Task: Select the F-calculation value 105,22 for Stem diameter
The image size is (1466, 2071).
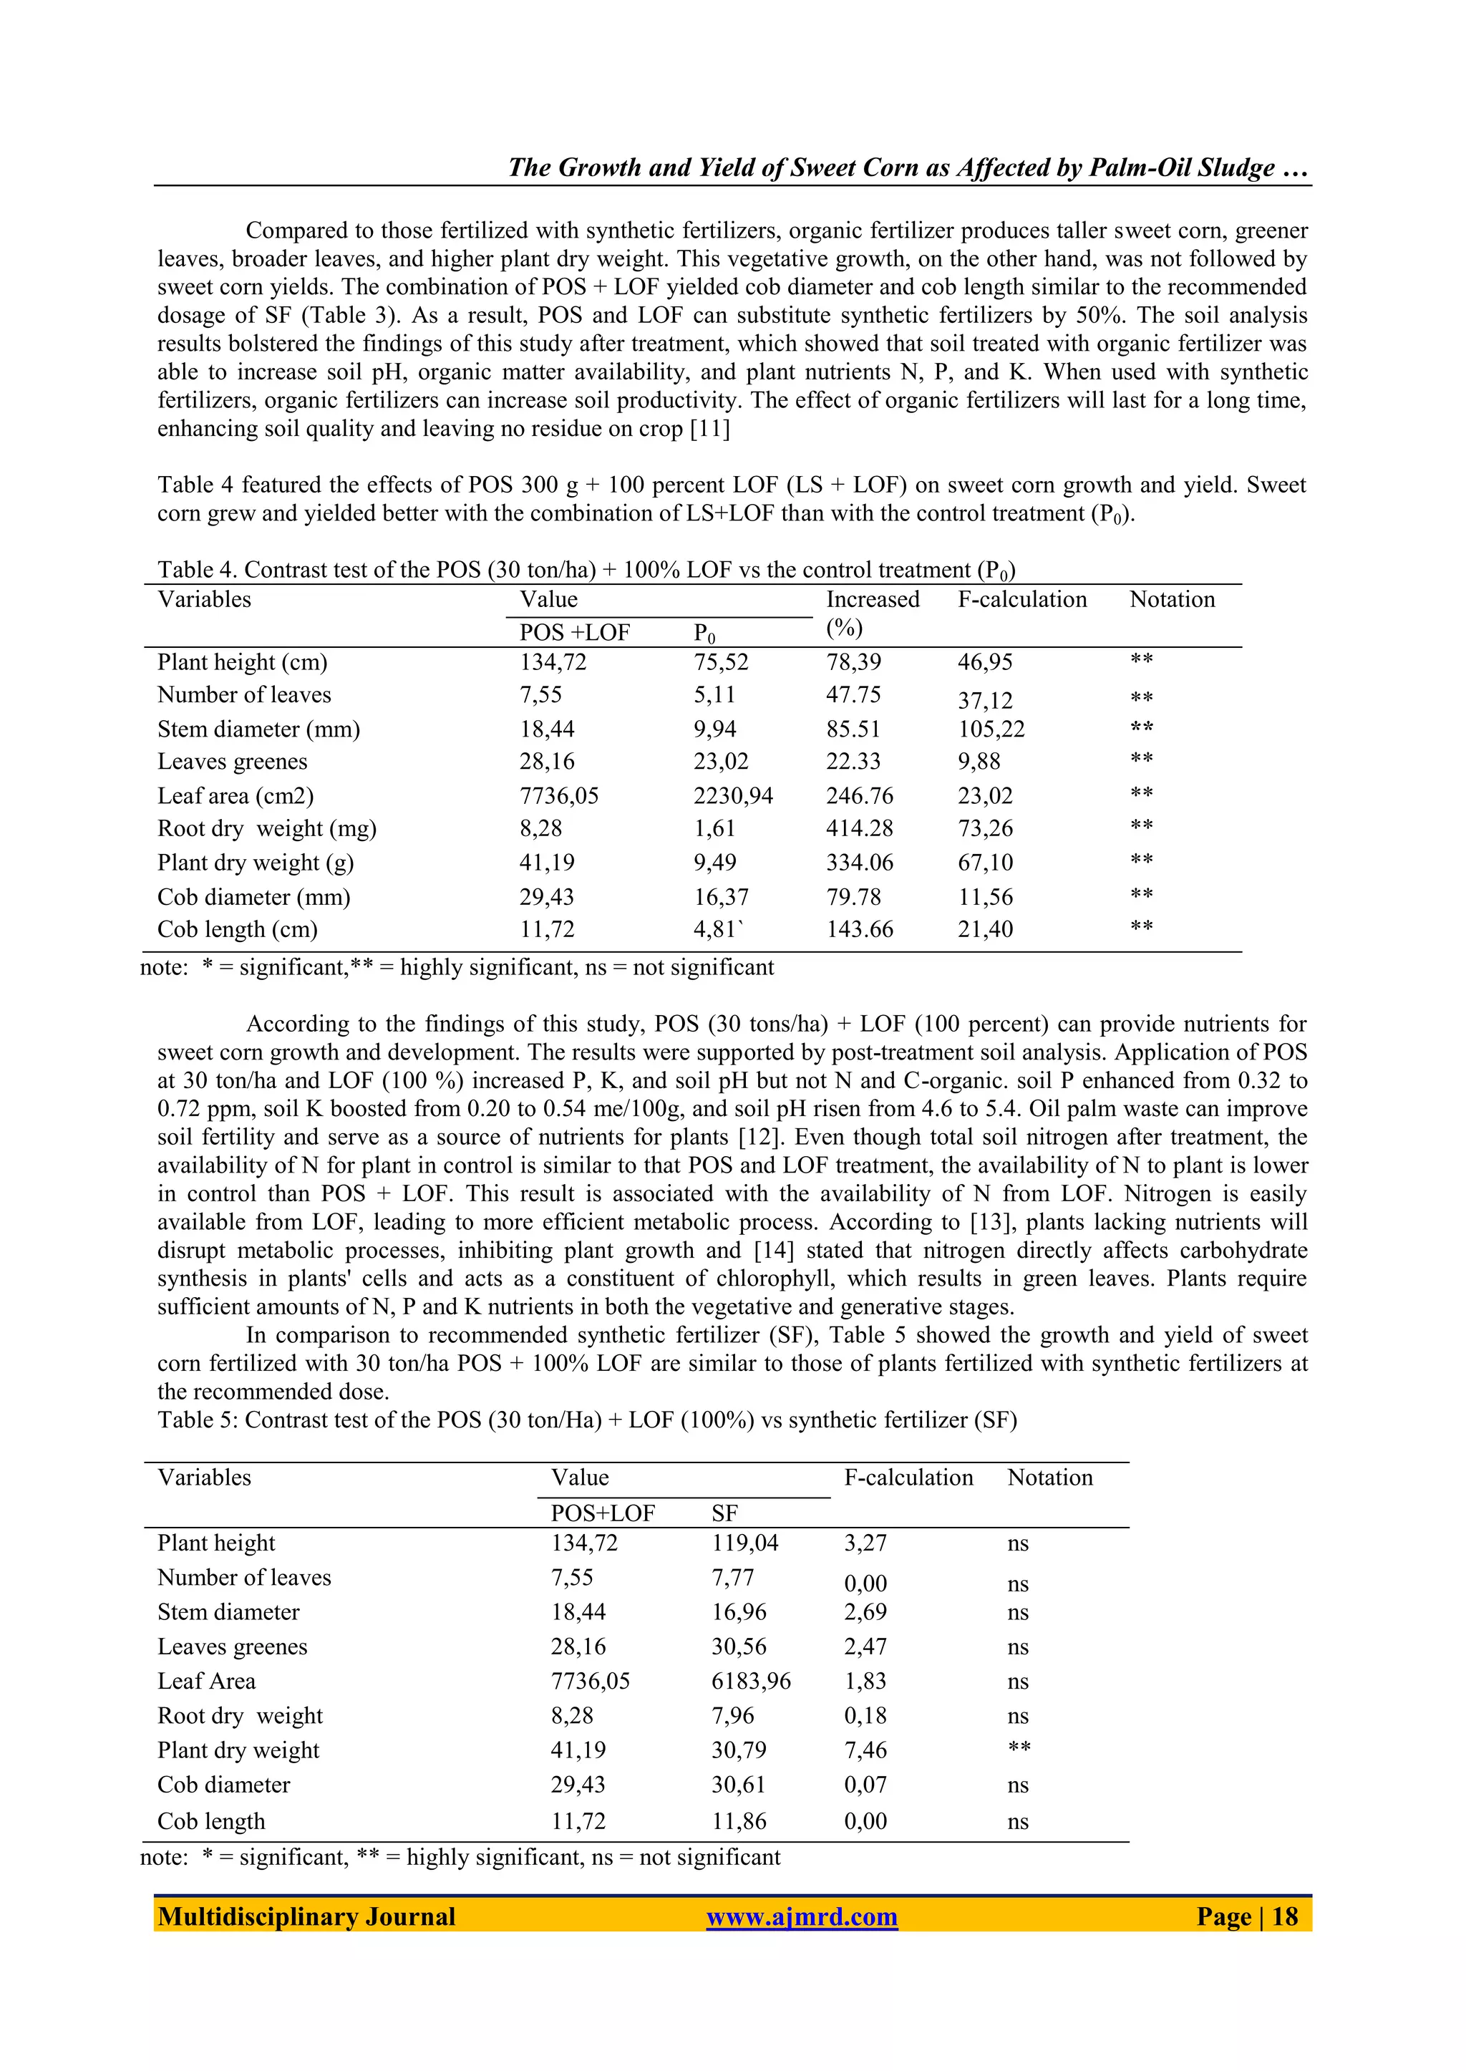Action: [991, 729]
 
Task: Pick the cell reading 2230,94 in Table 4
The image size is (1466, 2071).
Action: [733, 796]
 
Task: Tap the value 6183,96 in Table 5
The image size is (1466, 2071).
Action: [751, 1682]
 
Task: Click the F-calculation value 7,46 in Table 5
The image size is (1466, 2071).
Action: [865, 1750]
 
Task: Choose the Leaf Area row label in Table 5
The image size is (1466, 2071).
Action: [206, 1682]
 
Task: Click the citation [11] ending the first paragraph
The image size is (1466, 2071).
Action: [709, 429]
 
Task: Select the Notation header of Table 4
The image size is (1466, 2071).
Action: [1172, 599]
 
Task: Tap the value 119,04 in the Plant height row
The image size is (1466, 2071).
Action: [744, 1543]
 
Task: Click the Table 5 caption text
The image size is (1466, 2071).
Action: [587, 1420]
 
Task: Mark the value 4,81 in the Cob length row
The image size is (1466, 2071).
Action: [715, 930]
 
